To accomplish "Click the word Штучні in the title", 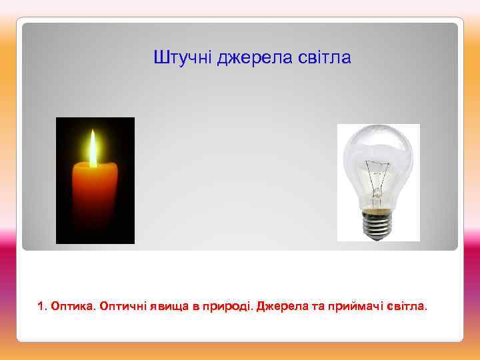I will [x=176, y=59].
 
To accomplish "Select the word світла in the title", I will [x=326, y=59].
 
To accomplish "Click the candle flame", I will [x=93, y=148].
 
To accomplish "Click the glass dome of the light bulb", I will [x=377, y=150].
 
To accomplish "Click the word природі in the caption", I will [x=223, y=307].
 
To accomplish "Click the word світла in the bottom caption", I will [x=405, y=307].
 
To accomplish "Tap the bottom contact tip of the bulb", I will [x=377, y=237].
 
